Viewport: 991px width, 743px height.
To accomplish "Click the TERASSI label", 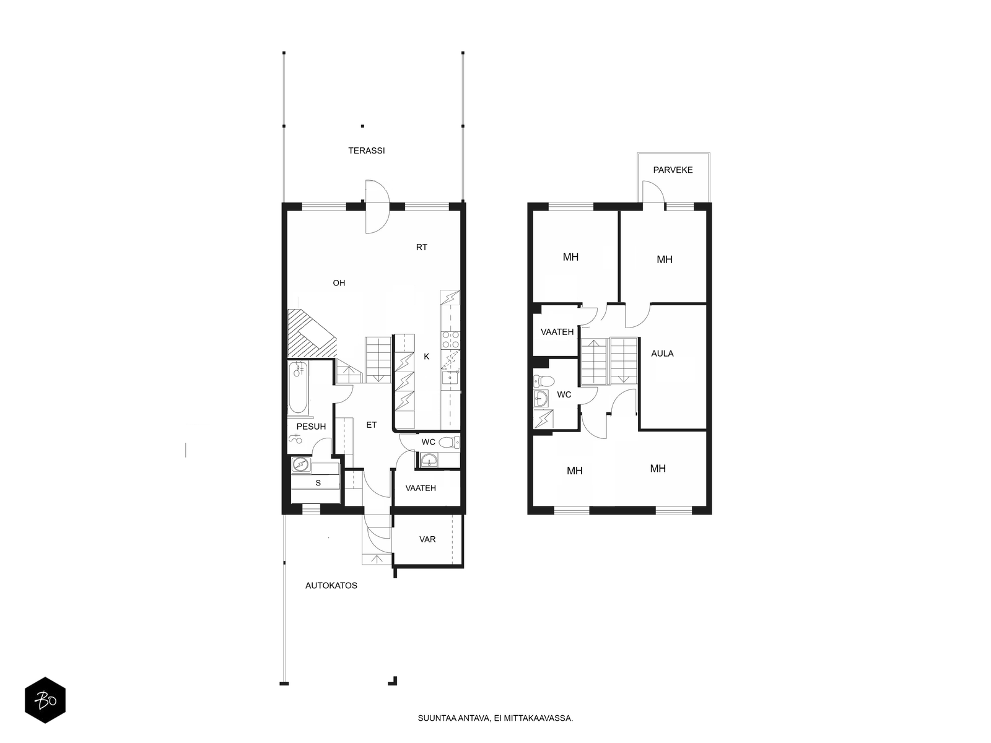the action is tap(366, 150).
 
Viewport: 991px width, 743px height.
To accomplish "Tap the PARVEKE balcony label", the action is tap(672, 170).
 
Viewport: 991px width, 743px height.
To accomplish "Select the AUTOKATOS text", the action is tap(331, 586).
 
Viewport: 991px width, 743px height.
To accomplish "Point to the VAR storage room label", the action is tap(427, 539).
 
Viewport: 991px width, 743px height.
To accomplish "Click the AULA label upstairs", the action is tap(662, 354).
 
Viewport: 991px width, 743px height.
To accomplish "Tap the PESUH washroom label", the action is tap(311, 427).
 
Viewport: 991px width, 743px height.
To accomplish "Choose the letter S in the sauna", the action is tap(318, 483).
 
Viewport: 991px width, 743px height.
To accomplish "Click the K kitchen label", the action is tap(426, 357).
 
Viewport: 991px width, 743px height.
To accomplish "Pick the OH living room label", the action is tap(339, 283).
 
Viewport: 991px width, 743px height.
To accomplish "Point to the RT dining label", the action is tap(421, 247).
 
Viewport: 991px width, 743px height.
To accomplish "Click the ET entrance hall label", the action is tap(371, 425).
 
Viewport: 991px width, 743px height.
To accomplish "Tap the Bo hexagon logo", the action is tap(45, 700).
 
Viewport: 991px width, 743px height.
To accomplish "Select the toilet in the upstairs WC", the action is tap(544, 381).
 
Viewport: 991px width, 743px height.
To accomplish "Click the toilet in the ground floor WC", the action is tap(449, 442).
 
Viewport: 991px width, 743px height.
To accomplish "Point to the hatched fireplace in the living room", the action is tap(312, 333).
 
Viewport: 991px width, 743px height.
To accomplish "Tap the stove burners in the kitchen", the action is tap(450, 340).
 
